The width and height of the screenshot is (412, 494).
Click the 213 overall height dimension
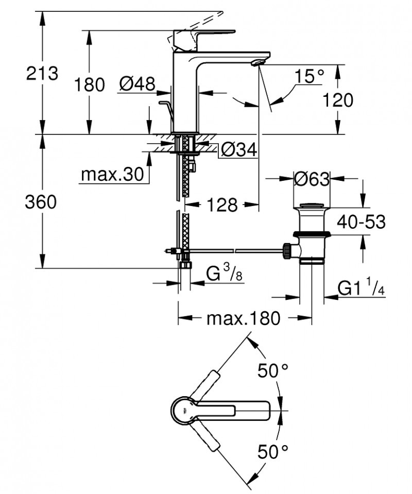point(42,73)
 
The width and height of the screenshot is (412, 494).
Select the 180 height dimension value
point(90,84)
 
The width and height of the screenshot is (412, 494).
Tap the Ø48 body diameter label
point(137,84)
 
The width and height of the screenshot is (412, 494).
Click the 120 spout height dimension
point(338,100)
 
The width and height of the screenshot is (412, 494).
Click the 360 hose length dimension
point(41,202)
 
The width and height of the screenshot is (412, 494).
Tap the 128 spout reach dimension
point(221,205)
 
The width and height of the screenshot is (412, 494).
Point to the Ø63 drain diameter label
point(311,179)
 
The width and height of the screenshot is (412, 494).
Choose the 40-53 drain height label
point(361,222)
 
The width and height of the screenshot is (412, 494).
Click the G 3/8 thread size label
point(225,275)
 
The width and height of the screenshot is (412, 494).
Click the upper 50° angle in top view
point(273,370)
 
